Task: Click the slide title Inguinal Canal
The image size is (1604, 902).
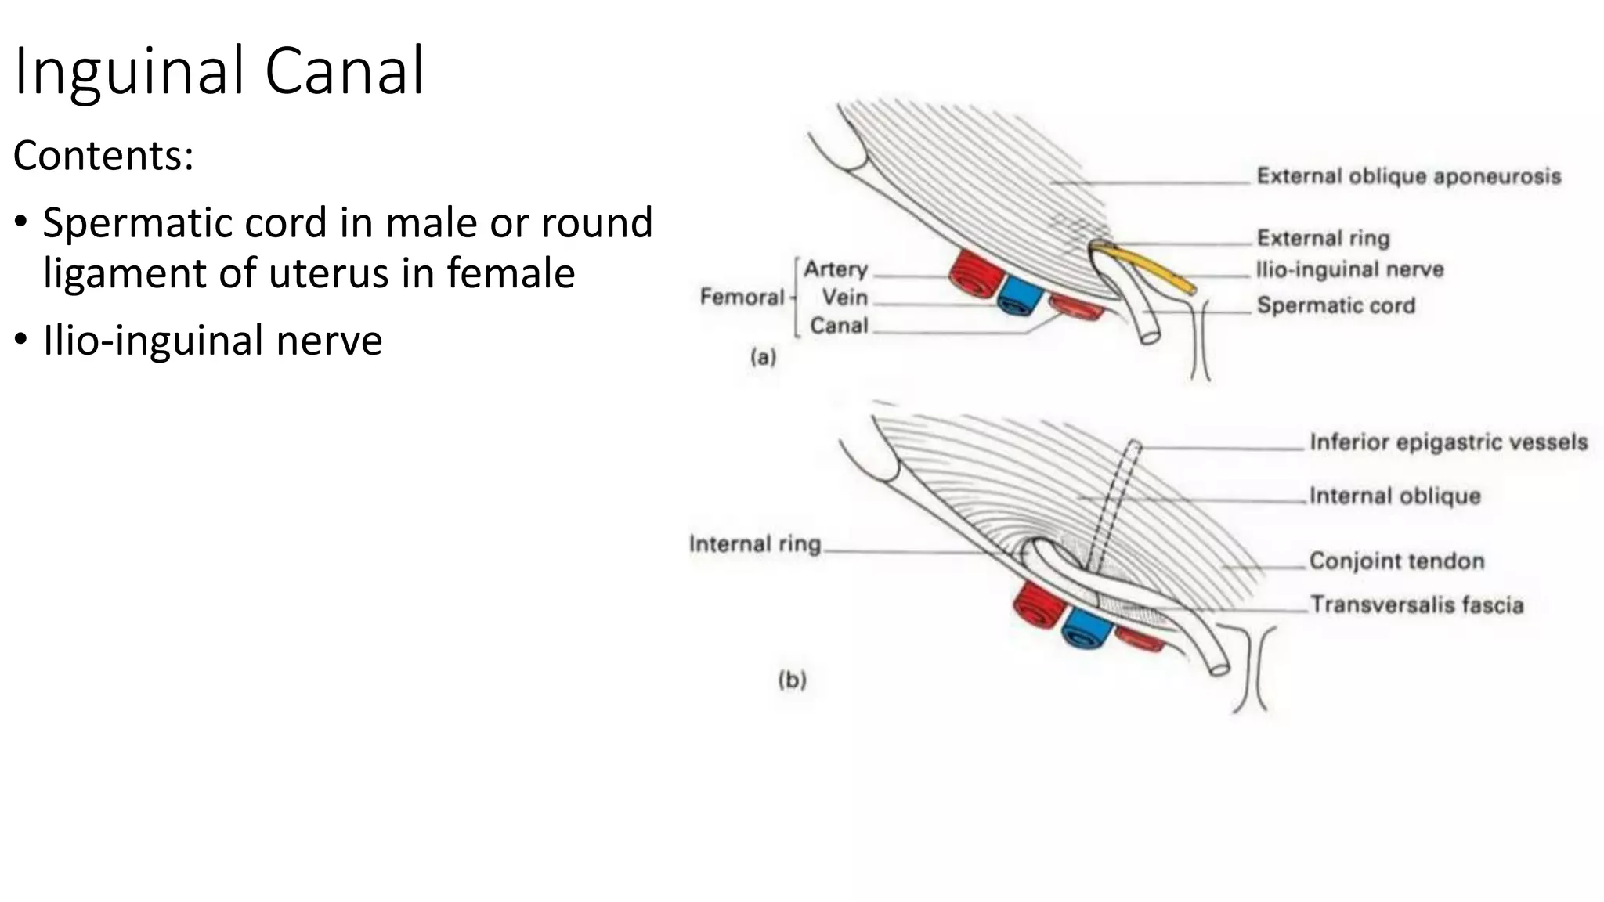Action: click(219, 72)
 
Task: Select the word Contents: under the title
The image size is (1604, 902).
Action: click(103, 155)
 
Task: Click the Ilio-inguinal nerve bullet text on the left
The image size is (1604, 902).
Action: click(212, 340)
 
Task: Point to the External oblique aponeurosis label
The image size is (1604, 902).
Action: click(1408, 176)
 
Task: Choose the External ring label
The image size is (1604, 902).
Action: click(1323, 237)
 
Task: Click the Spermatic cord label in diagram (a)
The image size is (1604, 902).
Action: click(1335, 305)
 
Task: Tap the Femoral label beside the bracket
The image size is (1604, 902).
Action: click(741, 297)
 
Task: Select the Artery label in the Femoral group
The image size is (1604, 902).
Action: click(836, 269)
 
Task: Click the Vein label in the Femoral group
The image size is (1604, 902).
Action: click(844, 298)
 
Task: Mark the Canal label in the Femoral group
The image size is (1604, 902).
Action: click(839, 325)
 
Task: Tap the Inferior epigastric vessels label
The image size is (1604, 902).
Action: click(1448, 442)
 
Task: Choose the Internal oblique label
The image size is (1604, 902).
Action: click(1394, 496)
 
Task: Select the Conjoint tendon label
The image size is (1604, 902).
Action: click(1396, 561)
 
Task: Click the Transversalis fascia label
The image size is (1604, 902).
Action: click(1417, 604)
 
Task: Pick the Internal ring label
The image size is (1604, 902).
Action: click(754, 544)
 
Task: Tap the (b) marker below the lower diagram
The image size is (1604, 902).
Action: click(792, 680)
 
